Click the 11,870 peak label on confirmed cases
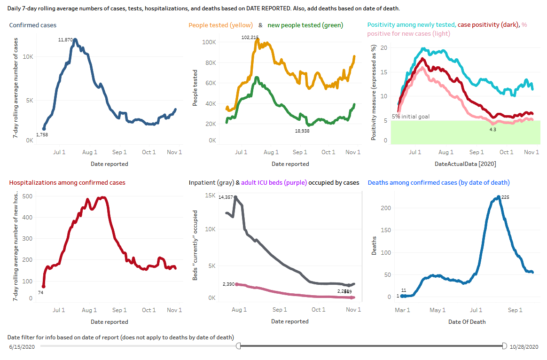click(x=65, y=40)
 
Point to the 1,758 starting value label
click(x=42, y=135)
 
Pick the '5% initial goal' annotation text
click(x=411, y=117)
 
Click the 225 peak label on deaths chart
click(x=506, y=197)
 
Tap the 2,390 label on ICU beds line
click(x=228, y=284)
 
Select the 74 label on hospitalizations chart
click(x=41, y=292)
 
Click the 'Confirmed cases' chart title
click(x=33, y=25)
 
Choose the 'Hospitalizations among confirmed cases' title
click(x=67, y=182)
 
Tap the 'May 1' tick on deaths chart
click(x=438, y=310)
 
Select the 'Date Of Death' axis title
click(x=467, y=321)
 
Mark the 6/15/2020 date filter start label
click(x=23, y=347)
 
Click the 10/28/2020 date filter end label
click(x=524, y=347)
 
